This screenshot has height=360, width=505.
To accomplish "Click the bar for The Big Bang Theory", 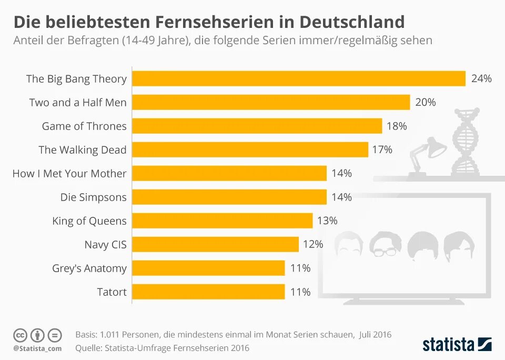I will click(299, 78).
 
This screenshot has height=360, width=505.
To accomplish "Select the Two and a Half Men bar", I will click(271, 102).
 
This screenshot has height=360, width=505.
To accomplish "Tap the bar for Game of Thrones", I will click(257, 126).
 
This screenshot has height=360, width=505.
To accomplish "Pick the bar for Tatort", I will click(208, 292).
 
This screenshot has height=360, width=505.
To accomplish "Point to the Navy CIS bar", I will click(215, 244).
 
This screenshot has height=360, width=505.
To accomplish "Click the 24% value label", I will click(481, 78).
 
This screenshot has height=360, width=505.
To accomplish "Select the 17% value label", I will click(382, 149).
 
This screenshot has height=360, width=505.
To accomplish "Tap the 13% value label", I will click(327, 221).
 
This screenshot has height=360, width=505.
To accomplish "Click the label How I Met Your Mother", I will click(69, 173).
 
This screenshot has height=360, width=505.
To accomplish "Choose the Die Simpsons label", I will click(93, 197).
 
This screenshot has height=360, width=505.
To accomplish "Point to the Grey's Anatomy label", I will click(89, 268).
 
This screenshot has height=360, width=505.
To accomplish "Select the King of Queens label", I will click(89, 221).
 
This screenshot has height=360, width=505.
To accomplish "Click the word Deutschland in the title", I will click(352, 22).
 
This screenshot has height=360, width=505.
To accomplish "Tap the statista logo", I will click(457, 345).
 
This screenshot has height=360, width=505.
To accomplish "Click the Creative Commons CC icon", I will click(20, 335).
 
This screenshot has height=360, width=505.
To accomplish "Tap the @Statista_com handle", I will click(37, 348).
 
